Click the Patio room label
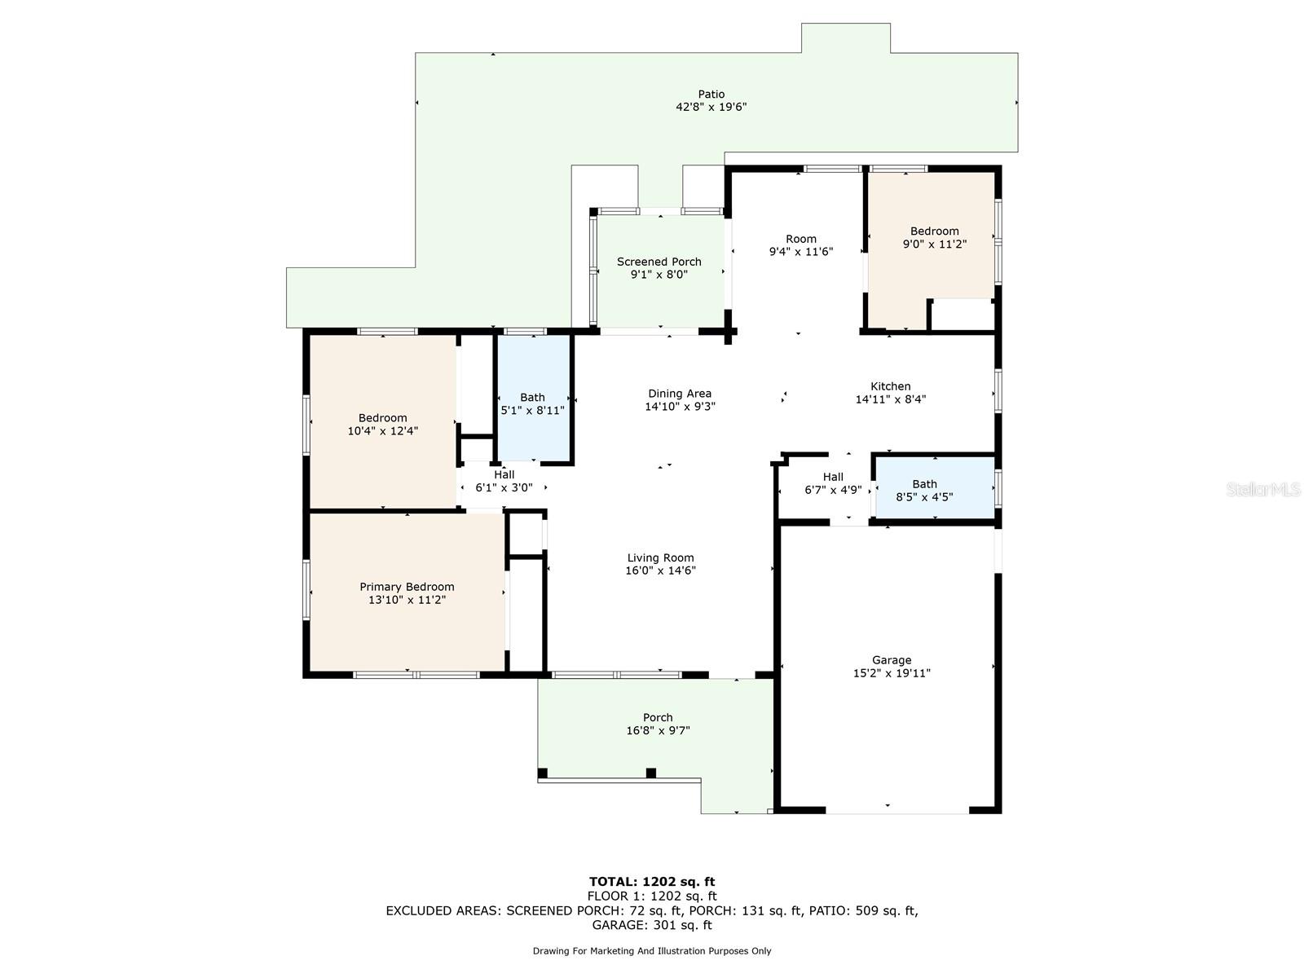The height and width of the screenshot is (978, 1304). (x=711, y=94)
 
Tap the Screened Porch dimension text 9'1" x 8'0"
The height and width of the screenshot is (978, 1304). (x=659, y=275)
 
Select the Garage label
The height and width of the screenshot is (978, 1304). (x=892, y=660)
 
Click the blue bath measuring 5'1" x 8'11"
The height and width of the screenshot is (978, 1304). (x=533, y=403)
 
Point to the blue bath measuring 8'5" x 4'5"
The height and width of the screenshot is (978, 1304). (x=925, y=490)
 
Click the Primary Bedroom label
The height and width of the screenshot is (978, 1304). (x=407, y=587)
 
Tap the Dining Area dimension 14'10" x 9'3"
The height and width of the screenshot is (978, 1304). (x=680, y=406)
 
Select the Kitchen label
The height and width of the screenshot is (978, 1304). (x=890, y=386)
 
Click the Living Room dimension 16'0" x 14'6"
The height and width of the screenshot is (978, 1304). (x=660, y=570)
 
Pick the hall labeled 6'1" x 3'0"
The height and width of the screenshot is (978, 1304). (x=504, y=481)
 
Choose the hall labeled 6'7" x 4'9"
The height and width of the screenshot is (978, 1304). (x=832, y=483)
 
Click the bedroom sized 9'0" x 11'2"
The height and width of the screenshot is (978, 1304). (x=934, y=237)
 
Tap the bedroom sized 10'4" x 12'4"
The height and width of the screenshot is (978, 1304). (x=382, y=424)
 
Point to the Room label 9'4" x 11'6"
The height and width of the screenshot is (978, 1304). (x=800, y=245)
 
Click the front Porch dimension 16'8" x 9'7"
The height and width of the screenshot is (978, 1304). (x=657, y=731)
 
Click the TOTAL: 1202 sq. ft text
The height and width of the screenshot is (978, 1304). (x=651, y=881)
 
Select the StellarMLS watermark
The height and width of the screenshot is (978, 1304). (x=1262, y=489)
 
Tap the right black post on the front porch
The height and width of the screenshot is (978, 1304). (x=650, y=773)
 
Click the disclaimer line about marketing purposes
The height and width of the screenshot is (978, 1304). (x=651, y=951)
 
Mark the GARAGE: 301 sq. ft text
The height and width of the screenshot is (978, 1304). (x=651, y=925)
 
